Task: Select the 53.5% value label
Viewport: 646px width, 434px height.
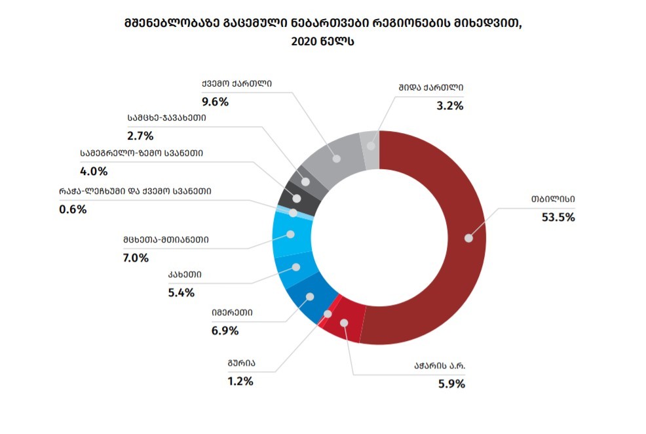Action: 558,217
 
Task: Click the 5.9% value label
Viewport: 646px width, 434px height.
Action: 451,384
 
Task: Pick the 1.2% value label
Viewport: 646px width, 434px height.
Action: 240,381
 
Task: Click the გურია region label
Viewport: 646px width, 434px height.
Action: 242,363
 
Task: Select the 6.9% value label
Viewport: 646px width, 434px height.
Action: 225,330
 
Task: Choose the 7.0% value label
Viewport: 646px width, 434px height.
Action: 135,258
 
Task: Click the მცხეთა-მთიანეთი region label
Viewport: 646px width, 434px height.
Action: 165,240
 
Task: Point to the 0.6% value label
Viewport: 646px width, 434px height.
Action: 72,210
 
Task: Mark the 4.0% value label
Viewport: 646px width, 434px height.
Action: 94,172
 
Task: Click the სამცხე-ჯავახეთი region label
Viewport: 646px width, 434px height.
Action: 167,119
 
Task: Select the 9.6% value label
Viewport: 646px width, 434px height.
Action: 215,102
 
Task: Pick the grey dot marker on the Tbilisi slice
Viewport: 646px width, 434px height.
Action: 468,238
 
